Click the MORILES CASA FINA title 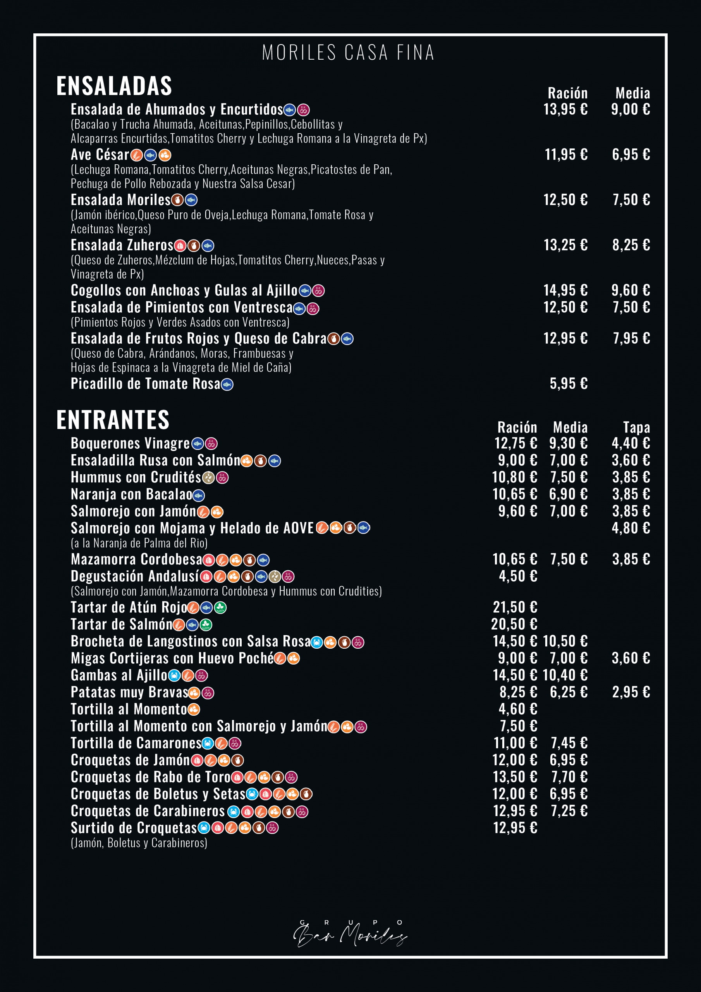[348, 53]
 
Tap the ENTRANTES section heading [113, 420]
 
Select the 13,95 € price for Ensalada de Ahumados [565, 109]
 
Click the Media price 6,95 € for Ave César [631, 155]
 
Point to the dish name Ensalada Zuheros [122, 245]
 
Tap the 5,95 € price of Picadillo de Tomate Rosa [569, 384]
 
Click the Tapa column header [636, 427]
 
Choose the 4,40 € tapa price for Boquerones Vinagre [631, 443]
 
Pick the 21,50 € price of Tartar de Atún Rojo [515, 608]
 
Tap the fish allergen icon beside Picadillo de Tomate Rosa [227, 384]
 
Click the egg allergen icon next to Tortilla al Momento [194, 710]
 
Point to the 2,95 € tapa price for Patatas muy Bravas [631, 692]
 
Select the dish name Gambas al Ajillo [119, 675]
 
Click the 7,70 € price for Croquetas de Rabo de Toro [569, 777]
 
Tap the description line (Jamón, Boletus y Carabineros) [139, 842]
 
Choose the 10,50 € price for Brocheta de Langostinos [565, 641]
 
